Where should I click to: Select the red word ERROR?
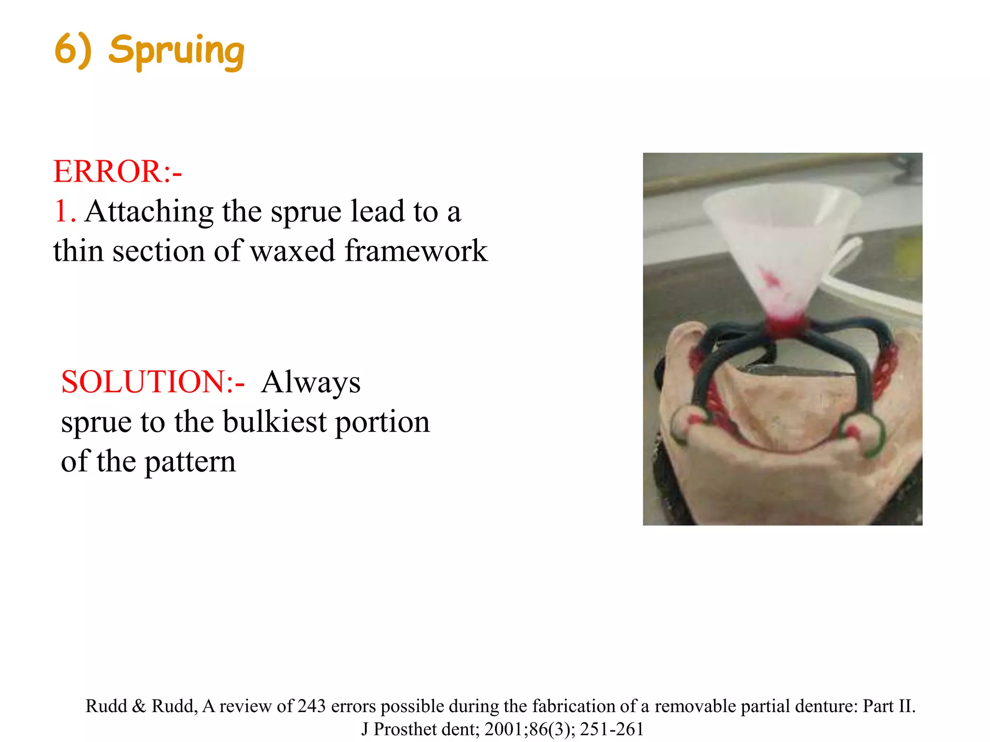[107, 171]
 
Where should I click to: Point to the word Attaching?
[149, 212]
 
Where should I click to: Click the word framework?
[416, 251]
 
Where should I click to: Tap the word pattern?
[190, 461]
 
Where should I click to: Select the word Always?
[310, 382]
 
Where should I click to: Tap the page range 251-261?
[611, 729]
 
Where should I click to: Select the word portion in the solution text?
[382, 422]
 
